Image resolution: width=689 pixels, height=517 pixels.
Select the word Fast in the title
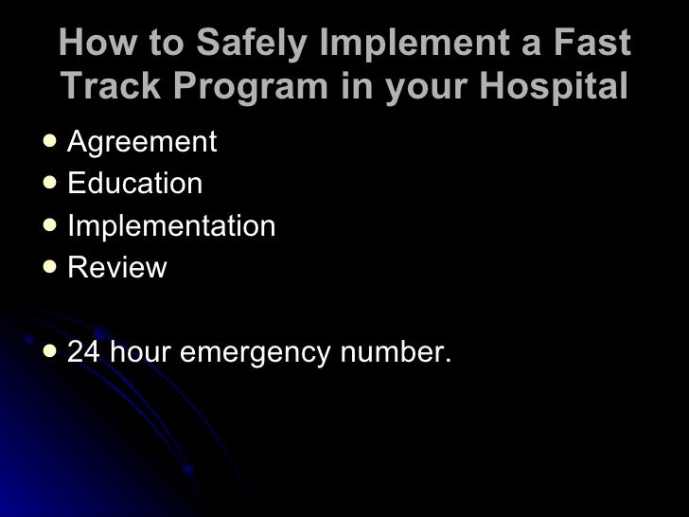coord(592,44)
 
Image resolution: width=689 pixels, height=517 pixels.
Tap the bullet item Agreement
coord(142,143)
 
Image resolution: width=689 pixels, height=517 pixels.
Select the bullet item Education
coord(134,184)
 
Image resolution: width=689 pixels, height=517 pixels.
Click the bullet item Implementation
coord(171,226)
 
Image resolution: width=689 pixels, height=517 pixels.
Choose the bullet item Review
coord(116,268)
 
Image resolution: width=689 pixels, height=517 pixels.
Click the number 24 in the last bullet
coord(84,352)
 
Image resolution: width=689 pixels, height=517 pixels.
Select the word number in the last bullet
coord(395,352)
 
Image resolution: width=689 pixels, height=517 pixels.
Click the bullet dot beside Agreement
coord(50,142)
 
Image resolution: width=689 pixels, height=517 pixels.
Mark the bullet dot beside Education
coord(50,183)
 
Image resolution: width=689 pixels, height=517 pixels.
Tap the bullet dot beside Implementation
coord(50,225)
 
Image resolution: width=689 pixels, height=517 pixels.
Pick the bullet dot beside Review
coord(50,267)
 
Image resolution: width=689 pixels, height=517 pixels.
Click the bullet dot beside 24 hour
coord(50,351)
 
